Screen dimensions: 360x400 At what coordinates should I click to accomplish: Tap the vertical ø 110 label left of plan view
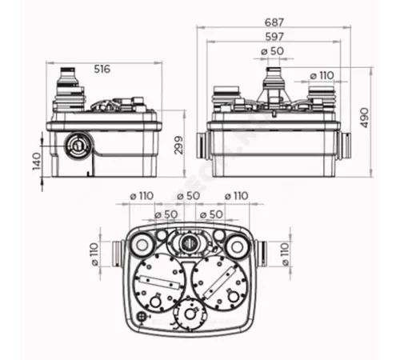[x=95, y=251]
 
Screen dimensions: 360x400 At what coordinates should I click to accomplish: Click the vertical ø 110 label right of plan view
[x=285, y=251]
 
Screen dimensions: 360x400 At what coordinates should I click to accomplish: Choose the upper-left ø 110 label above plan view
[x=145, y=196]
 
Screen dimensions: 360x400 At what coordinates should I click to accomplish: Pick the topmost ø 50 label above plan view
[x=189, y=196]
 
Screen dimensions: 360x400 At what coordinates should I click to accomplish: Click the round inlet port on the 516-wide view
[x=78, y=146]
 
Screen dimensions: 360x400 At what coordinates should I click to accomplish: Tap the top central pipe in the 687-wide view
[x=274, y=80]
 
